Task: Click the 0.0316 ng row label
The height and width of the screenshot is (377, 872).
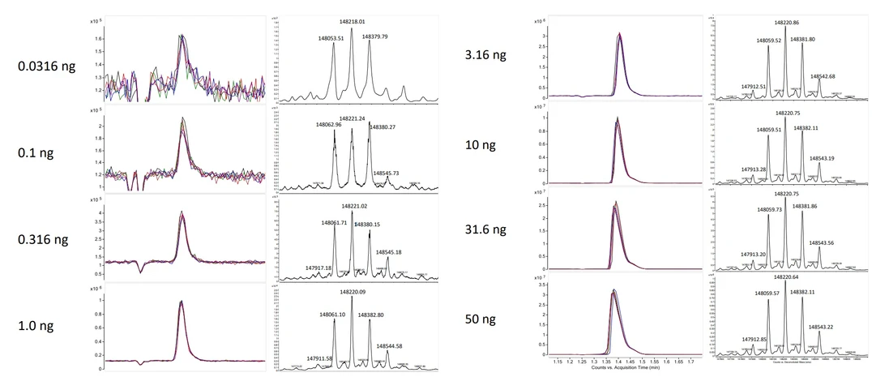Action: tap(48, 66)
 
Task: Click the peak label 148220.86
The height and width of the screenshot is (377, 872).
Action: tap(785, 24)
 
